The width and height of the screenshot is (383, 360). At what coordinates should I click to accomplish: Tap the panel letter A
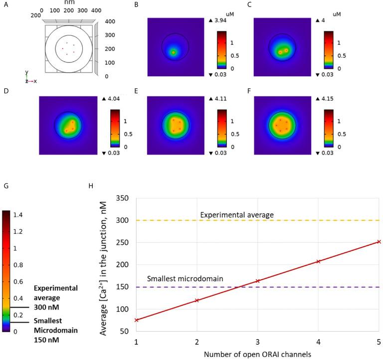5,6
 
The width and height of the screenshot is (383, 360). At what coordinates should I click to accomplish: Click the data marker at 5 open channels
379,242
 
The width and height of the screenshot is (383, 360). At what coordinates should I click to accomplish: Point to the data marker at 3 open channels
257,281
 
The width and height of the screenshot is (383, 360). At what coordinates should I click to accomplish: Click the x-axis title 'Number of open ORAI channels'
257,355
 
